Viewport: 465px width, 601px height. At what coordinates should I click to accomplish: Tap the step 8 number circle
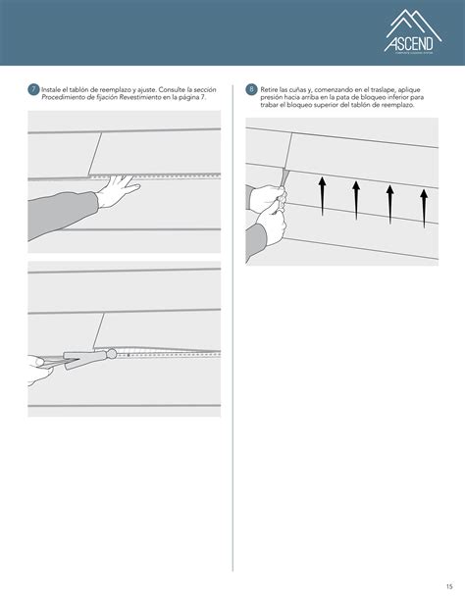click(251, 90)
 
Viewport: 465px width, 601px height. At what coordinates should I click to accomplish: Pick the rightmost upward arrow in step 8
click(423, 207)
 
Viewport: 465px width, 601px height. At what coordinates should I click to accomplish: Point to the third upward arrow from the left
click(389, 201)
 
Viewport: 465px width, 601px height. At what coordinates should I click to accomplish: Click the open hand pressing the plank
click(118, 188)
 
